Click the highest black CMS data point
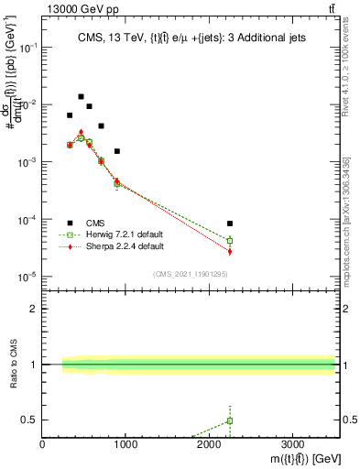point(81,96)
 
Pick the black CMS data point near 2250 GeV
point(230,224)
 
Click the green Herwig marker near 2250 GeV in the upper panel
point(230,241)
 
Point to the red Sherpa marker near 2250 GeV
point(230,251)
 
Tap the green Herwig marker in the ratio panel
point(230,420)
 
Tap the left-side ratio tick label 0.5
point(29,420)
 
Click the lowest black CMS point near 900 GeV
point(117,151)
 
